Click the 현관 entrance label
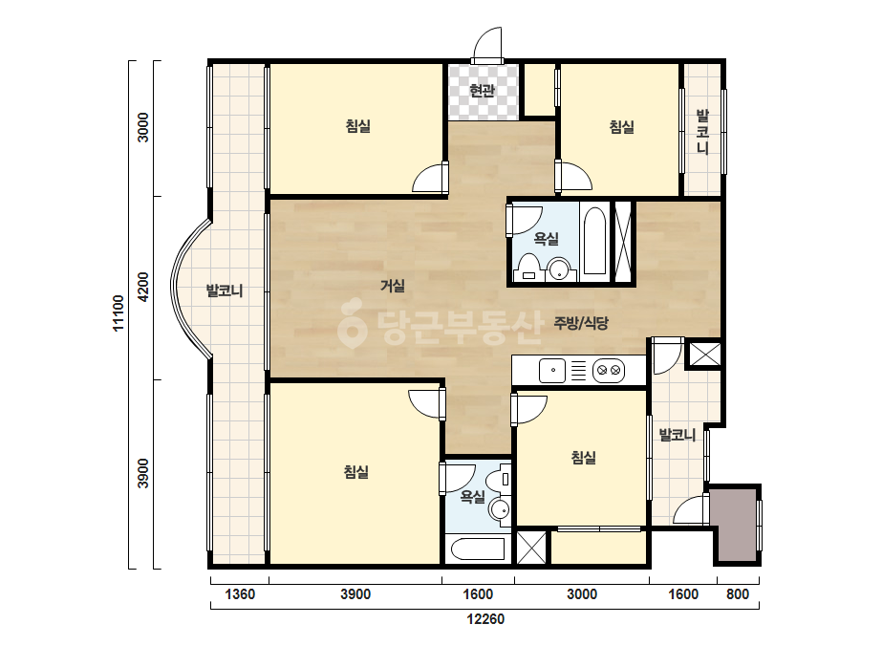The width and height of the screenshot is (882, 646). click(x=482, y=90)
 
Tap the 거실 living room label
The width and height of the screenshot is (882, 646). click(x=393, y=286)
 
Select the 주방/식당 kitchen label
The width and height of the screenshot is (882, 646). click(x=581, y=323)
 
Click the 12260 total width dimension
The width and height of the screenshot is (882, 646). click(x=485, y=619)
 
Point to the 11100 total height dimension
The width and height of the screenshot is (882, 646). click(x=118, y=313)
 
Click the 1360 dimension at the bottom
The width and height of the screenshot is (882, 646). click(x=240, y=594)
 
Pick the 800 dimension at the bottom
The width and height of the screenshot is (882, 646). click(x=738, y=594)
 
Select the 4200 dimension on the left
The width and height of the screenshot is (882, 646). click(x=143, y=287)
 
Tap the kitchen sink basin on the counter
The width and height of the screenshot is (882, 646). click(x=552, y=371)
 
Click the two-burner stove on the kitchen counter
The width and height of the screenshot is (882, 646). click(x=608, y=371)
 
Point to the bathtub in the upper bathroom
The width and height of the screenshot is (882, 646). click(x=594, y=241)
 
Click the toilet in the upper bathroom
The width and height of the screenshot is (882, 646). click(x=528, y=267)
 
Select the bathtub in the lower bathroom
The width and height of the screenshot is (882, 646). click(x=478, y=549)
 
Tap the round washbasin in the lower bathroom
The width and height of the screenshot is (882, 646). click(x=500, y=509)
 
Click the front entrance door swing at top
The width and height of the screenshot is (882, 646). click(x=487, y=45)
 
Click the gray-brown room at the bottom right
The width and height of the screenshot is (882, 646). click(x=735, y=525)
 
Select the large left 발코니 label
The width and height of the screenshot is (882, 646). click(x=225, y=291)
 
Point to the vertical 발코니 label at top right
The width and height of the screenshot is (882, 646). click(x=702, y=132)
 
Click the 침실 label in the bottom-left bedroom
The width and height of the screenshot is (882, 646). click(x=356, y=471)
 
